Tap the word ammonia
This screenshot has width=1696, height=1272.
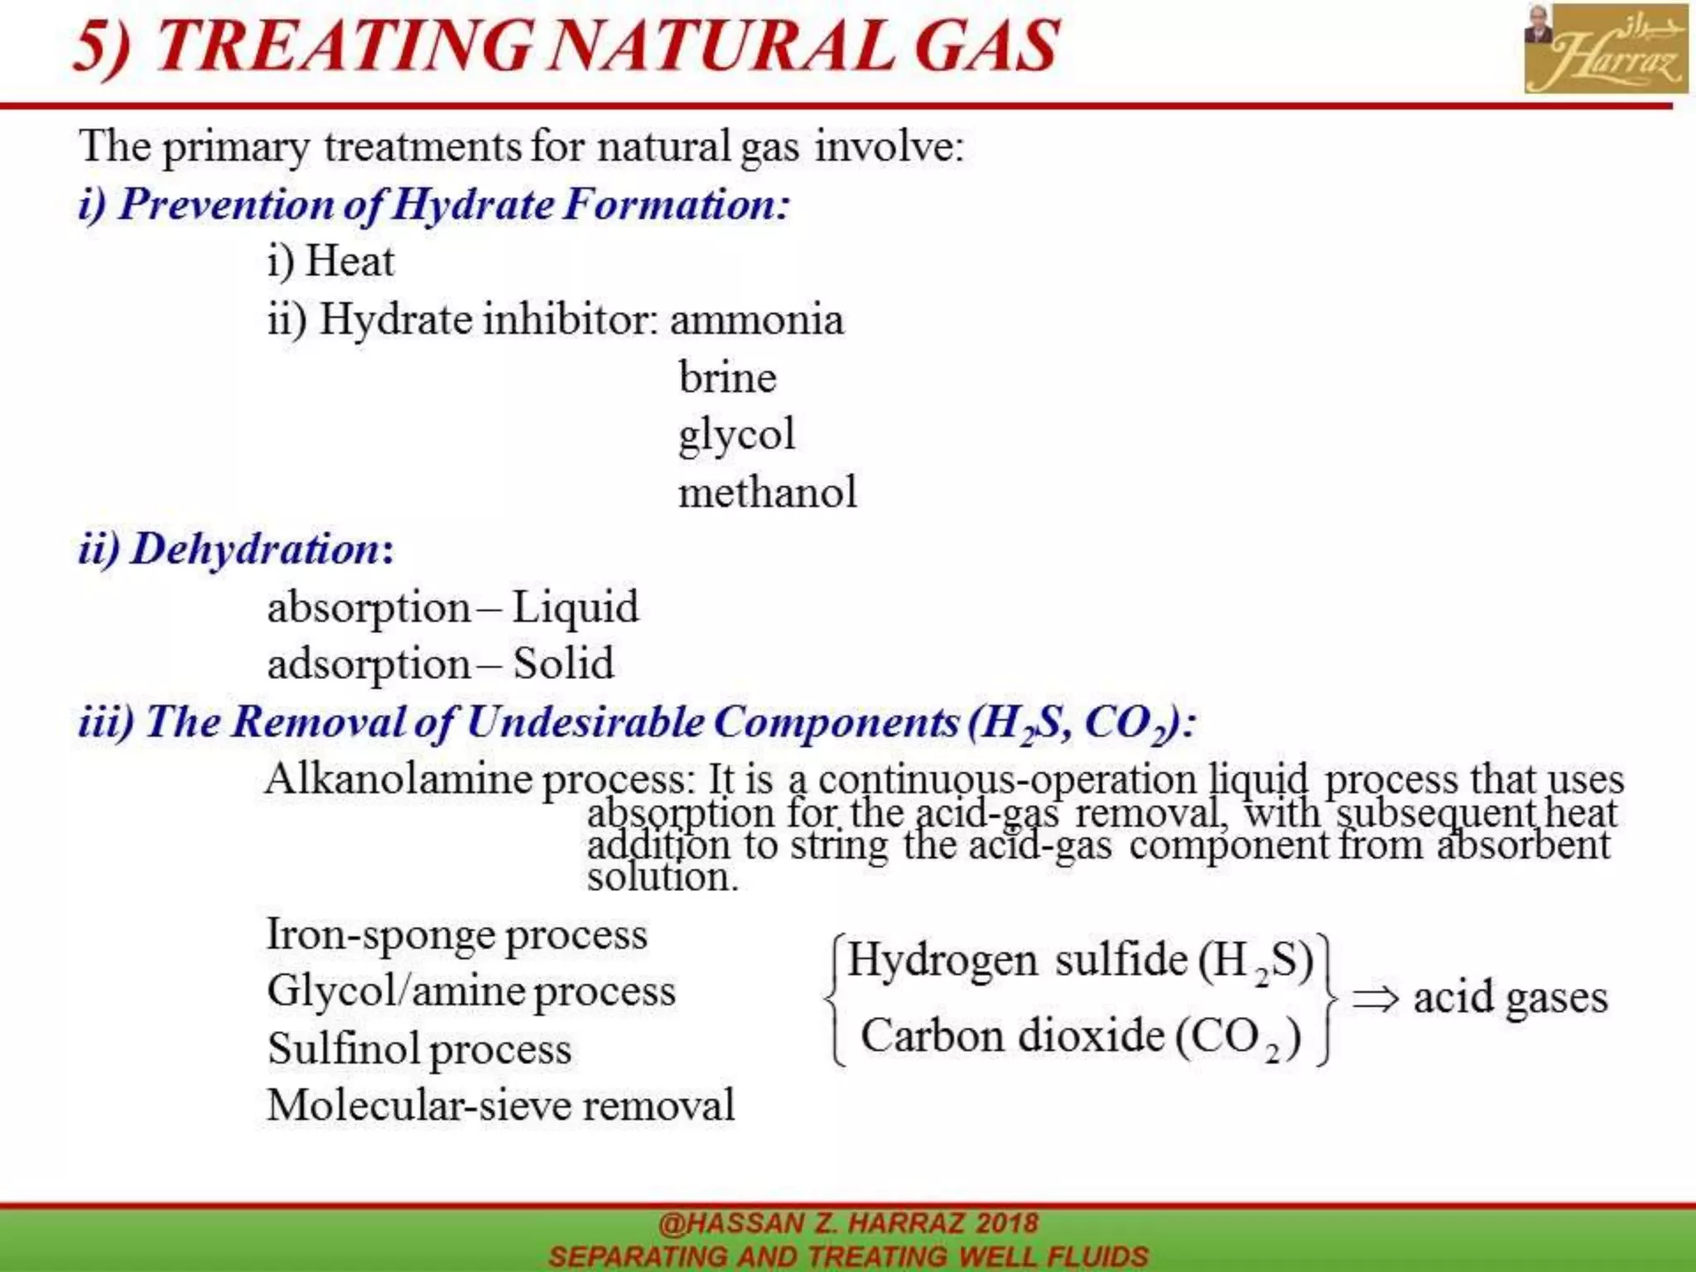pyautogui.click(x=757, y=320)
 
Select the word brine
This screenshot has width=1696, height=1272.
pyautogui.click(x=727, y=378)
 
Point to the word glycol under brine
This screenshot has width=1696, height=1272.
pyautogui.click(x=736, y=435)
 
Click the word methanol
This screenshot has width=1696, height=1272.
pyautogui.click(x=767, y=492)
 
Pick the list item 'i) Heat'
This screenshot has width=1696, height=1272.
pyautogui.click(x=330, y=262)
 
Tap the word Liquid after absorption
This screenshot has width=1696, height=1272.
pyautogui.click(x=575, y=606)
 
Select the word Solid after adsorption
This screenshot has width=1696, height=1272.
pyautogui.click(x=563, y=663)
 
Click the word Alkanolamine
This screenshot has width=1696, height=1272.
pyautogui.click(x=398, y=779)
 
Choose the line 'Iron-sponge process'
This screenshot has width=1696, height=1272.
pyautogui.click(x=456, y=935)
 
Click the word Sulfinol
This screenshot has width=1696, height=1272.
pyautogui.click(x=344, y=1048)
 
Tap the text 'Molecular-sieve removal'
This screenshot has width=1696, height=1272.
pyautogui.click(x=500, y=1105)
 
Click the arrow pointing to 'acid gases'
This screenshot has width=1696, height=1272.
pyautogui.click(x=1376, y=999)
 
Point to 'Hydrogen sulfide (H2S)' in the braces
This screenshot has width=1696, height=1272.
pyautogui.click(x=1080, y=961)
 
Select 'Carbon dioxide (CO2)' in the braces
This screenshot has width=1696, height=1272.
pyautogui.click(x=1080, y=1037)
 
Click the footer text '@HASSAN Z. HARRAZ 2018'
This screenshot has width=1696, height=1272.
pyautogui.click(x=848, y=1223)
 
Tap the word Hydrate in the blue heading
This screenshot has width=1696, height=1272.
pyautogui.click(x=473, y=205)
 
